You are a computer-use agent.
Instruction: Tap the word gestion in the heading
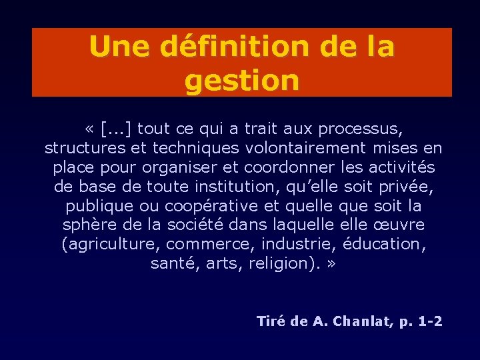click(242, 81)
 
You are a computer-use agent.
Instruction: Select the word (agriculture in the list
click(110, 245)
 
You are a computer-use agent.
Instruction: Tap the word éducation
click(390, 245)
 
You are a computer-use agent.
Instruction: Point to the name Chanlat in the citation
click(364, 322)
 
